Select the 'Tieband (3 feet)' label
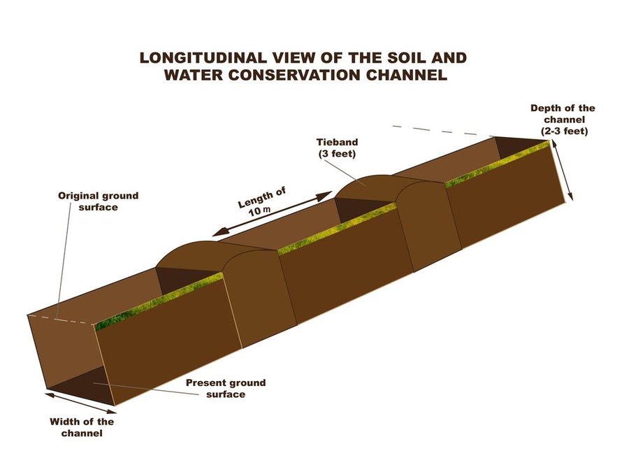coord(337,148)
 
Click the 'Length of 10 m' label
coord(261,202)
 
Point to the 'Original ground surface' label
coord(99,201)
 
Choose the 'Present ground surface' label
coord(226,388)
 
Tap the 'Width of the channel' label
coord(82,427)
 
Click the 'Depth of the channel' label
coord(563,113)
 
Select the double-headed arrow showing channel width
coord(80,403)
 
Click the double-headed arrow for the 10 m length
coord(272,213)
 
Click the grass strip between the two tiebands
coord(337,229)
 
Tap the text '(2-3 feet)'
coord(564,131)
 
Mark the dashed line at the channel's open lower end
coord(62,320)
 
